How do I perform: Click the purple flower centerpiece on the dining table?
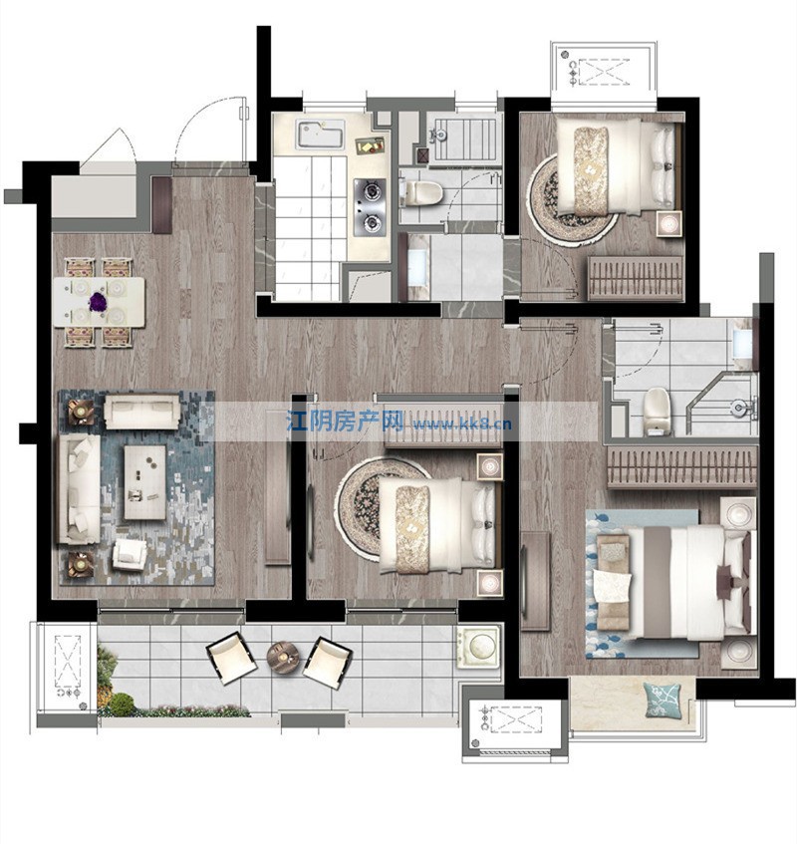pos(98,301)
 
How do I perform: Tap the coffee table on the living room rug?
pos(144,481)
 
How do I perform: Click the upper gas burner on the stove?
pos(371,190)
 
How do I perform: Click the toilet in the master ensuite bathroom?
pos(657,412)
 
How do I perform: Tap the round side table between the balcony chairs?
pos(282,656)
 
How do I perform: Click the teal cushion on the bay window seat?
pos(662,701)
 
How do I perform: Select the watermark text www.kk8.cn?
pos(462,423)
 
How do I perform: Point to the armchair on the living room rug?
pos(130,553)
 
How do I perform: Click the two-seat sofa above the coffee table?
pos(142,412)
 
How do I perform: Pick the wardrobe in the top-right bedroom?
pos(635,277)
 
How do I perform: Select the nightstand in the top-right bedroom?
pos(669,223)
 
